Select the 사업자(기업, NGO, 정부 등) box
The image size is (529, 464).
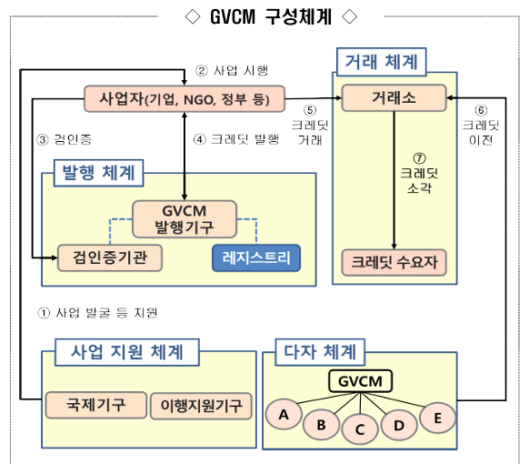click(x=184, y=97)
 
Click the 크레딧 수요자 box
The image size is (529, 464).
click(x=394, y=262)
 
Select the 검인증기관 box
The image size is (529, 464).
click(x=109, y=257)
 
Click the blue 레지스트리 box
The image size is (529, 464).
click(x=256, y=257)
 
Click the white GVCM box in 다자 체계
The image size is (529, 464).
click(x=360, y=381)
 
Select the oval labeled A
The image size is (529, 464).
click(x=284, y=416)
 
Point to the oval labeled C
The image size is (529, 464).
click(x=360, y=429)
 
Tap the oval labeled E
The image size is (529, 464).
click(x=438, y=417)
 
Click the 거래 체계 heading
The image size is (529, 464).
click(x=382, y=63)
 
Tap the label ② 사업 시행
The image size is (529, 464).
click(x=232, y=70)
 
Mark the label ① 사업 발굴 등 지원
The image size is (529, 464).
click(x=98, y=312)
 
